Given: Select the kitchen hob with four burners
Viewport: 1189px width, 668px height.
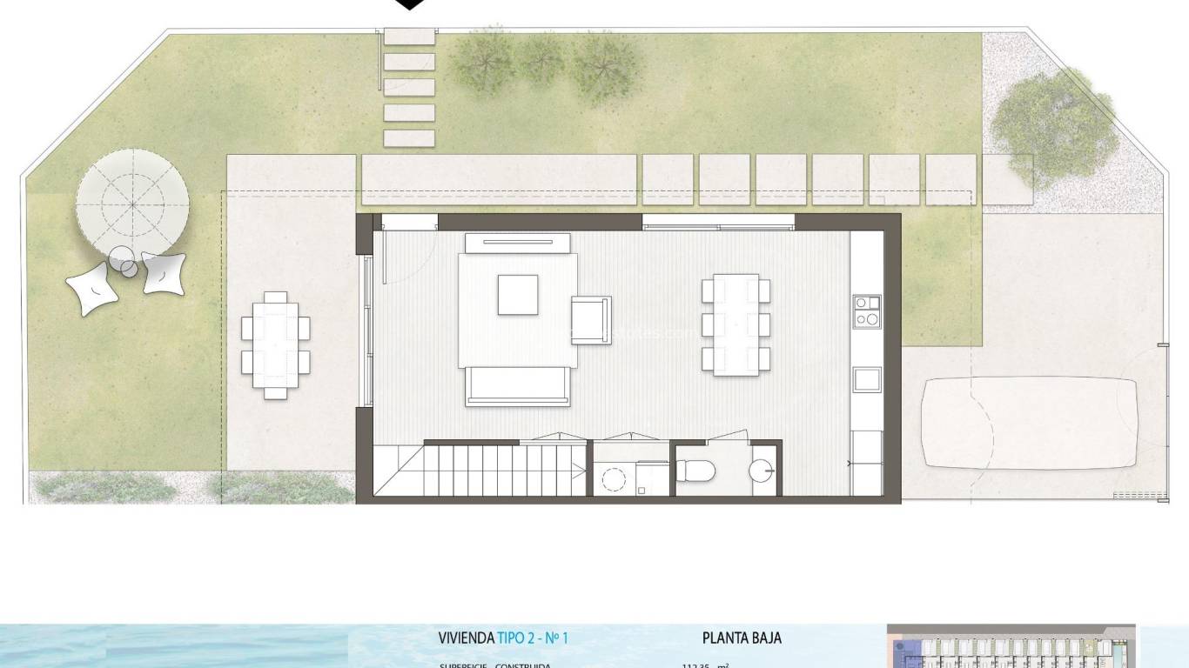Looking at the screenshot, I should pos(866,311).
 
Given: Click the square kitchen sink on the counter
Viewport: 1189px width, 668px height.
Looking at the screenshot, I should pos(866,379).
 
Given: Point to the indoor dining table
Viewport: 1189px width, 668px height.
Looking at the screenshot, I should pos(736,324).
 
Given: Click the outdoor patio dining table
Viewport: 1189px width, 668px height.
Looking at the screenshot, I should pos(275,344).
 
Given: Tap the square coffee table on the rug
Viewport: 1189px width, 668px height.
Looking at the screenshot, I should pos(518,294).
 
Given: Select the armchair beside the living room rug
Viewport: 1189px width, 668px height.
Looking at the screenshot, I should pos(591,319).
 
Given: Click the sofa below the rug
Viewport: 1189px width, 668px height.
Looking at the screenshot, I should pos(518,386).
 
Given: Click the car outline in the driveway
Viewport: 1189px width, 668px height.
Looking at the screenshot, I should pos(1030,423).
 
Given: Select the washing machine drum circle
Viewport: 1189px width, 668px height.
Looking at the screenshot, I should pos(615,479).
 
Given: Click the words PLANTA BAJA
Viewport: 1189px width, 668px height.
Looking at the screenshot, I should pos(742,638).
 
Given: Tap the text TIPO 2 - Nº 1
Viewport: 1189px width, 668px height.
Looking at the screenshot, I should pos(533,638).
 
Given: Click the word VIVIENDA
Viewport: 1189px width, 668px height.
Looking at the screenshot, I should pos(466,638).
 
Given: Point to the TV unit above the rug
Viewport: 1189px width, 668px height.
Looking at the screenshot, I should pos(518,243).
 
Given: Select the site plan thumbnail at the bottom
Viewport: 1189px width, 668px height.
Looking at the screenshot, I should pos(1011,646).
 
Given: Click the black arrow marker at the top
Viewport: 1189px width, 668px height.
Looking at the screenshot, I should pos(410,4).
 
